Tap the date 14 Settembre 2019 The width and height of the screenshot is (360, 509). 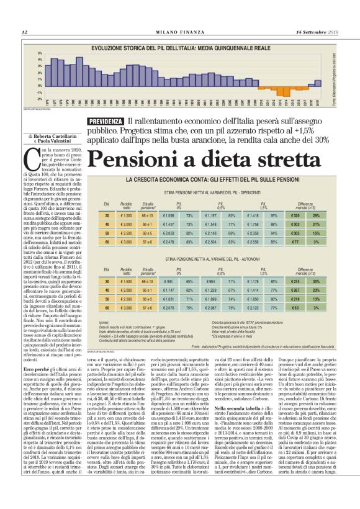[x=318, y=32]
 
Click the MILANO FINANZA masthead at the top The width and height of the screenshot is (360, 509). [x=179, y=32]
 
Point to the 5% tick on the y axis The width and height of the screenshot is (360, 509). [x=41, y=53]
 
